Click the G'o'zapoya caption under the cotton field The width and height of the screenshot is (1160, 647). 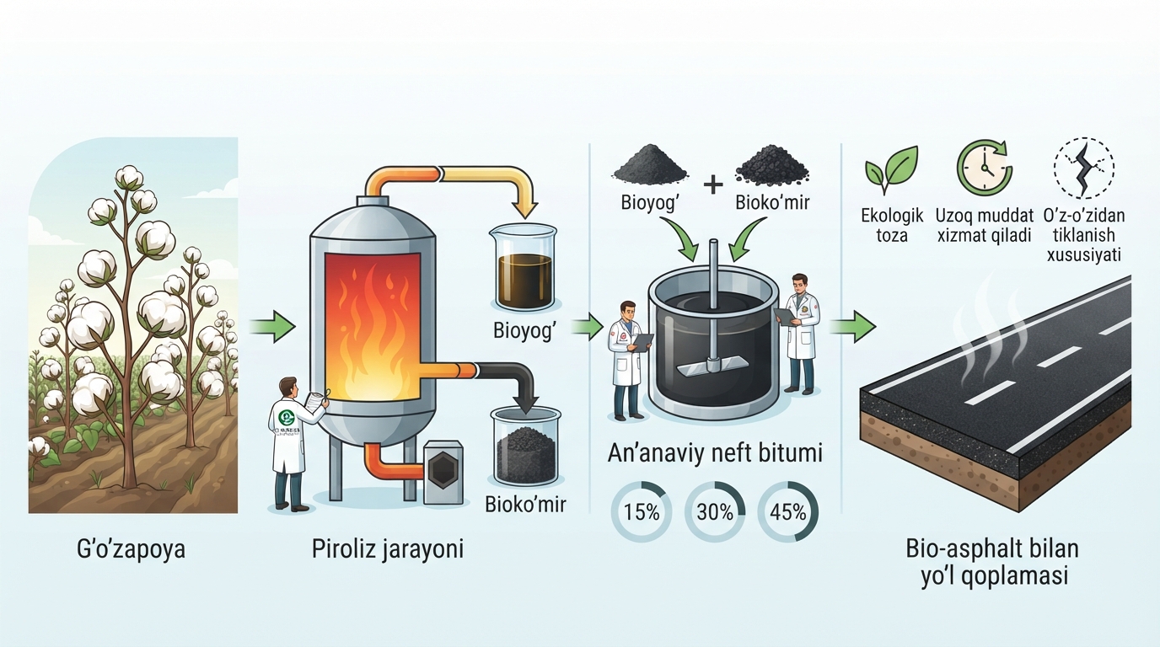[131, 549]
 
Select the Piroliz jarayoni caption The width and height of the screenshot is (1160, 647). [387, 549]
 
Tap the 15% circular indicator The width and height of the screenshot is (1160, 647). [642, 512]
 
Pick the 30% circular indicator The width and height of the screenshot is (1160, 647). [715, 512]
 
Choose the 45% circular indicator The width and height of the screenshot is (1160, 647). [787, 512]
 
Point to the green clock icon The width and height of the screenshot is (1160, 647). [984, 167]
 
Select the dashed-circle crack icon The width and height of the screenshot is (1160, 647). [1083, 168]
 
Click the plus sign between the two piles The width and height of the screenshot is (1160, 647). [713, 184]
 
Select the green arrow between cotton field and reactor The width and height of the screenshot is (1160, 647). [271, 327]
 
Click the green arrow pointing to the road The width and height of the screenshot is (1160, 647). [853, 327]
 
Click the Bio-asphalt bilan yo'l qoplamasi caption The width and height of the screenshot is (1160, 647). [994, 562]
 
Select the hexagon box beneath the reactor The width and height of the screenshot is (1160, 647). [443, 472]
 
